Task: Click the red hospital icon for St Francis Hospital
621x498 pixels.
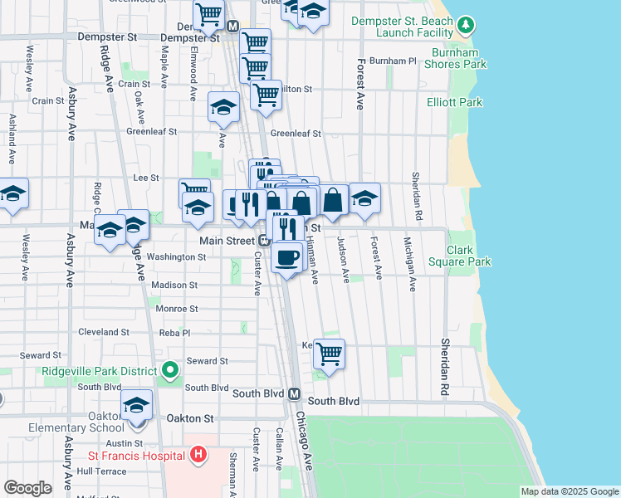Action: (x=198, y=455)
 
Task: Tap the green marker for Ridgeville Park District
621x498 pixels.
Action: (x=170, y=370)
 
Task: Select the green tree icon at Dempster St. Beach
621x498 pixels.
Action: (x=467, y=25)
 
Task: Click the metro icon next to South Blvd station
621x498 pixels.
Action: (x=294, y=395)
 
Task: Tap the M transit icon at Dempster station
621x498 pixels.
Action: (x=232, y=27)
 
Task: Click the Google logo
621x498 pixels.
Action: (x=27, y=488)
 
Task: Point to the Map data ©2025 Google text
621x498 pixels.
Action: (x=569, y=491)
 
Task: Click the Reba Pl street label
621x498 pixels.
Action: (x=175, y=332)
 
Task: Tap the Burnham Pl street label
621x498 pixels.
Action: (x=393, y=61)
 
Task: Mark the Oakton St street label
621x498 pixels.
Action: (x=191, y=418)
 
